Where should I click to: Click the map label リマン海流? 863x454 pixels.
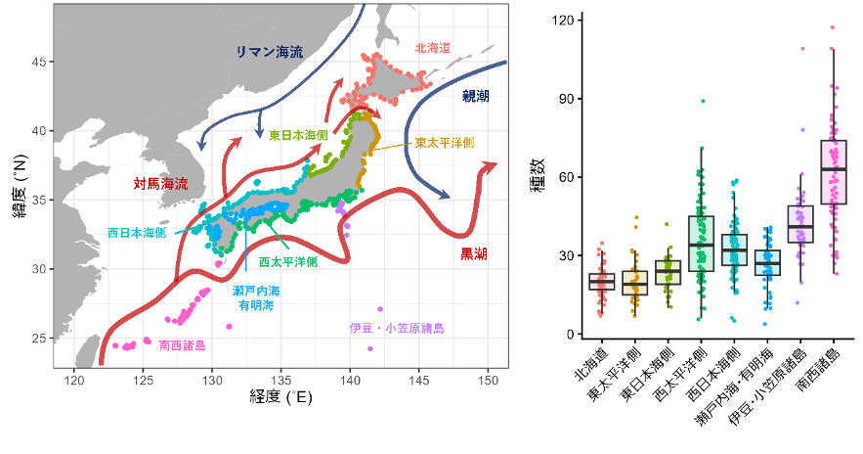270,52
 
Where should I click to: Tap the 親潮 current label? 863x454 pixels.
476,96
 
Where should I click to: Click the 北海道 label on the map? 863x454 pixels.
432,47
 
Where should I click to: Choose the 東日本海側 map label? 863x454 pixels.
299,135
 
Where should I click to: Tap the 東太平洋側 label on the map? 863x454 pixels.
444,143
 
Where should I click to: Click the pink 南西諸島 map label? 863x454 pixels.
182,345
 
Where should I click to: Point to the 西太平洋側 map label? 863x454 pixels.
288,262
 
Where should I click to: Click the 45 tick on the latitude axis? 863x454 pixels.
40,62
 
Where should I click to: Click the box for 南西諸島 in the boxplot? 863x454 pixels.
834,171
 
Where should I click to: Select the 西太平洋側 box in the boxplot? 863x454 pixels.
701,243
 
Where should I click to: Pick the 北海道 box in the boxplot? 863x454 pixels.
601,282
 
